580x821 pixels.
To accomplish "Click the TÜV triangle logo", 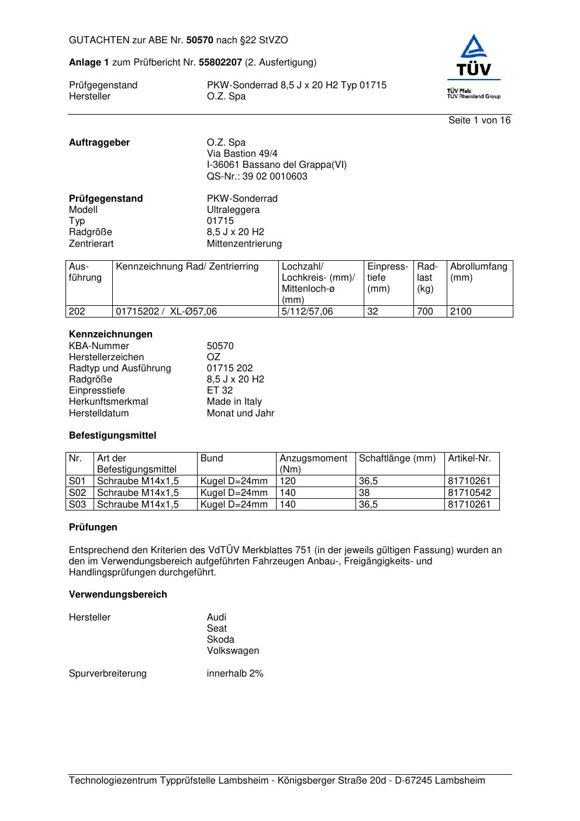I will coord(474,57).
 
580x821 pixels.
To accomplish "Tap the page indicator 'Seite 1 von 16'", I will coord(479,120).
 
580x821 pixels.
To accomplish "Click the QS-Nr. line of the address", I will coord(257,177).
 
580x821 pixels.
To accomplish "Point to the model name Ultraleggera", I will coord(233,210).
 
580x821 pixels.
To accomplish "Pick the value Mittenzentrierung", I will coord(244,244).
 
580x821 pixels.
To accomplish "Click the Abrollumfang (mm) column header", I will coord(478,272).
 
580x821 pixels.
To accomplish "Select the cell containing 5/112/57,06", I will coord(307,312).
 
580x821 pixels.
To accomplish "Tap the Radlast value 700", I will coord(424,312).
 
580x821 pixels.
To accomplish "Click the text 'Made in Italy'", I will coord(234,402).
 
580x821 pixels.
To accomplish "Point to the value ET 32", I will coord(219,391).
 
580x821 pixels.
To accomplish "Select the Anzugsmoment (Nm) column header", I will coord(313,464).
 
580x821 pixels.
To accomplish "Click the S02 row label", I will coord(77,493).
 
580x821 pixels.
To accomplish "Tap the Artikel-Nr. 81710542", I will coord(469,493).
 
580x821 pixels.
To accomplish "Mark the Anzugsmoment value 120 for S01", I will coord(288,481).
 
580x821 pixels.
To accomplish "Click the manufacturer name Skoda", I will coord(220,640).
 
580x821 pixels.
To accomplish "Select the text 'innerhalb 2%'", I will coord(234,674).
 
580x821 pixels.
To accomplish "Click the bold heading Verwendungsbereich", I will coord(118,595).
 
